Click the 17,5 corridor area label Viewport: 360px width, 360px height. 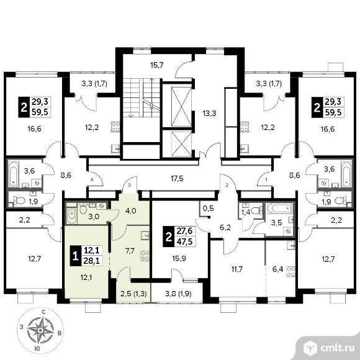coord(177,178)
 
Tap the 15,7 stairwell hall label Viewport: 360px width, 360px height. coord(157,65)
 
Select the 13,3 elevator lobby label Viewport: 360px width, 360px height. coord(209,113)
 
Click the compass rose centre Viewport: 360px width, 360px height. coord(40,330)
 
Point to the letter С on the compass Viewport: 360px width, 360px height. coord(43,312)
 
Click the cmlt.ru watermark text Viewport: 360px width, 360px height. coord(338,348)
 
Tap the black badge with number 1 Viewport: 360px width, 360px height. coord(76,256)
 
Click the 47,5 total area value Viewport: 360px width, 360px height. coord(184,242)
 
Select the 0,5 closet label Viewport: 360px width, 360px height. coord(208,208)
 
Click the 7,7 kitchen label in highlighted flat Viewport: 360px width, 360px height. coord(130,251)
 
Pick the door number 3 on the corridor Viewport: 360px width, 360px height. coord(129,185)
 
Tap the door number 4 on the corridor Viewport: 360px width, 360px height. coord(92,179)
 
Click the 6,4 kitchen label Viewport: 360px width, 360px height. coord(277,269)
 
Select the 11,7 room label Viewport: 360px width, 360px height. coord(237,269)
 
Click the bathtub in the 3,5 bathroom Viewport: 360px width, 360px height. coord(279,209)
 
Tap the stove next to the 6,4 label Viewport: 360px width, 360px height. coord(291,272)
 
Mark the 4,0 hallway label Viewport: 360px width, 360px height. coord(131,211)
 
